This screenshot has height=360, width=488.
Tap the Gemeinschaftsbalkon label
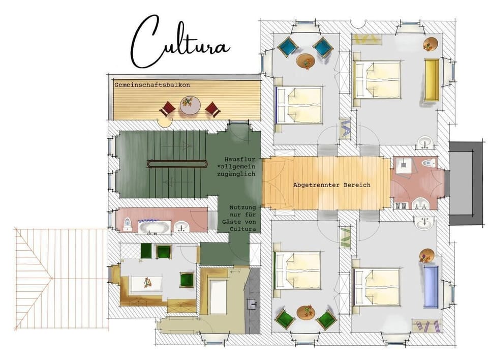coord(152,85)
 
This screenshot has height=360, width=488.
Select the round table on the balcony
coord(190,106)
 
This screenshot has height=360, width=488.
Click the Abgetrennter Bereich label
coord(332,185)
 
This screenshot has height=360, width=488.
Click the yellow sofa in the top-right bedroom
coord(432,80)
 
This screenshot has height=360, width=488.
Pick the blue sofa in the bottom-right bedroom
coord(431,286)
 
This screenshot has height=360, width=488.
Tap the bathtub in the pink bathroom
coord(155,227)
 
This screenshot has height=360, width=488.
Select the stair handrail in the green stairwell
coord(178,164)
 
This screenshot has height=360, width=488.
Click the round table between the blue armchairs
coord(306,62)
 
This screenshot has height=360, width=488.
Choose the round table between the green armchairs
coord(306,312)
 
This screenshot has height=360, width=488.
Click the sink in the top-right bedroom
coord(424,143)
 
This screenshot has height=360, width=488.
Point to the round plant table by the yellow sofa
coord(430,44)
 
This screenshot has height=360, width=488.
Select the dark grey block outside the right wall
coord(467,183)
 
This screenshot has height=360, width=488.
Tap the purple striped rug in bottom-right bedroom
coord(426,326)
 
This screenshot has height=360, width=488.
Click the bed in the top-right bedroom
coord(377,80)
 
